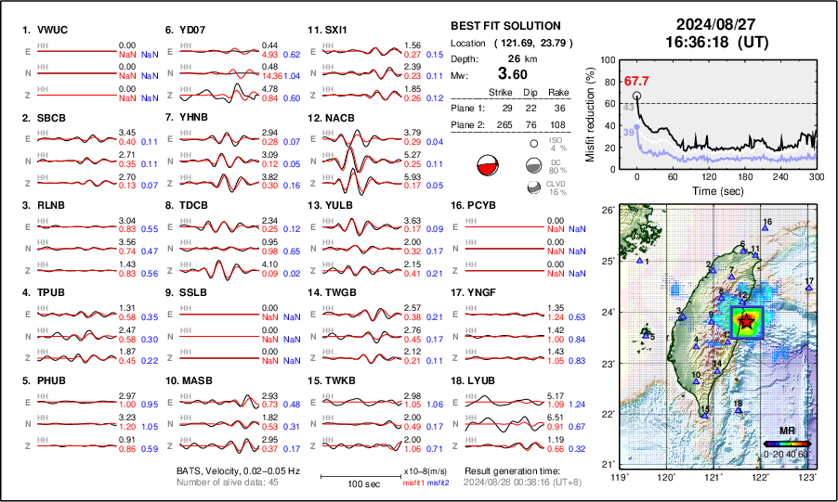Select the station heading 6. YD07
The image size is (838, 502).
185,30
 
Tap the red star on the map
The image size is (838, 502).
745,321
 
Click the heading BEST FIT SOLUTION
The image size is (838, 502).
504,26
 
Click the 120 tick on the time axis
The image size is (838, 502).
709,176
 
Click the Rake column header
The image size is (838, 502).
558,92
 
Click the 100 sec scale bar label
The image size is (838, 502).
363,484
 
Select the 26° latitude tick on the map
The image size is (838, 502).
607,210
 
